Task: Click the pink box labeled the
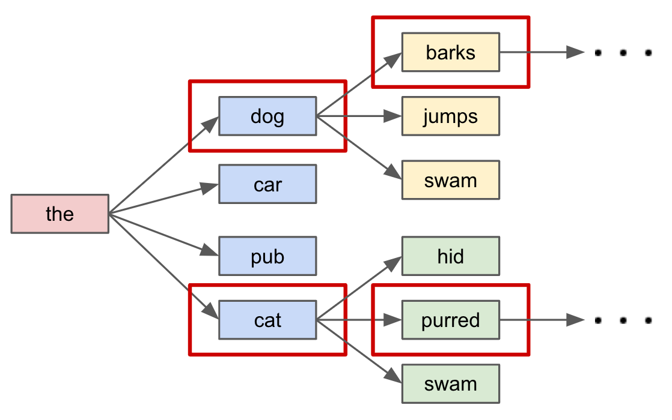(x=60, y=214)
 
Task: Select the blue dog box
(x=267, y=116)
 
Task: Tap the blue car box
(x=267, y=184)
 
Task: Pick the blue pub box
(x=267, y=256)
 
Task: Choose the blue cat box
(x=267, y=320)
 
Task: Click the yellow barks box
(x=450, y=53)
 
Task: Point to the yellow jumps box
(x=450, y=116)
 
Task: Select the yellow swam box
(x=450, y=180)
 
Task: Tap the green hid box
(x=450, y=256)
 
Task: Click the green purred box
(x=450, y=320)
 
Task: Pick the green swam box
(x=450, y=383)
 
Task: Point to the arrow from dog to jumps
(x=359, y=116)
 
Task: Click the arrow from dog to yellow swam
(x=359, y=147)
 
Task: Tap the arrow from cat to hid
(x=359, y=289)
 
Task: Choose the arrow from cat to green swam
(x=359, y=351)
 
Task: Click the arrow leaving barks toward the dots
(x=541, y=53)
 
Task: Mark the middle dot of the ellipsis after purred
(x=623, y=320)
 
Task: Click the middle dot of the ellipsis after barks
(x=623, y=53)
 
